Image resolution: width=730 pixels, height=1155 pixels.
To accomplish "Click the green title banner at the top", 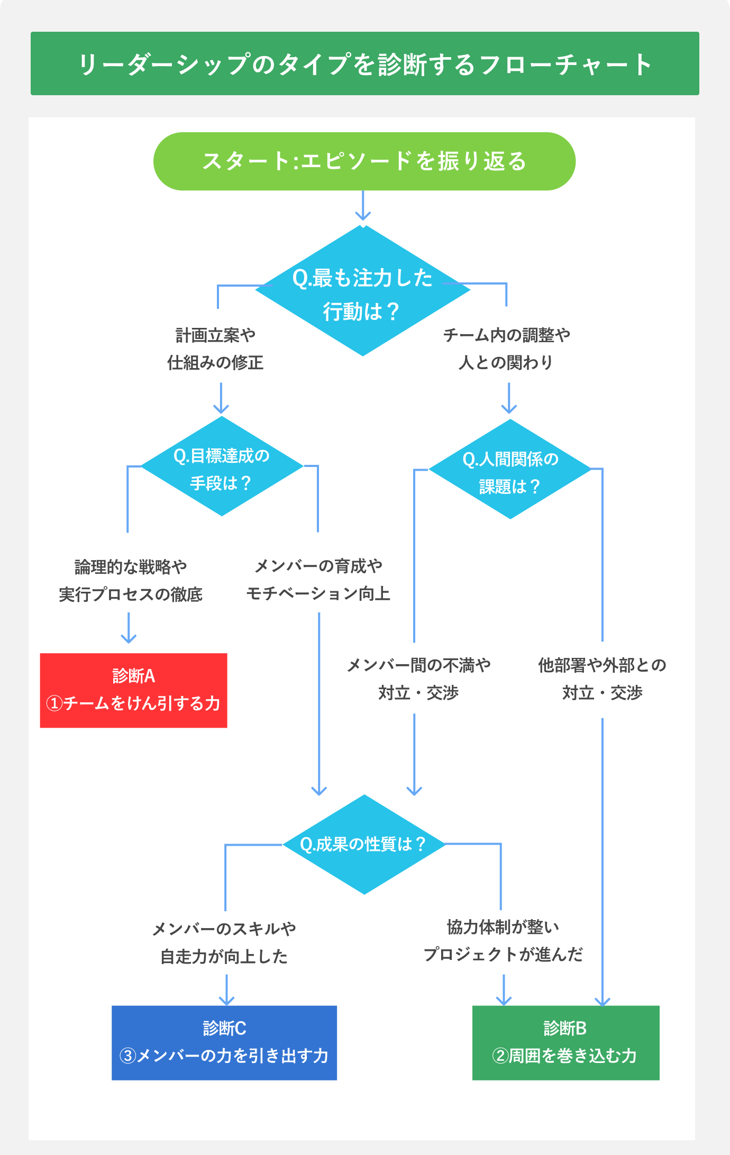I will point(364,63).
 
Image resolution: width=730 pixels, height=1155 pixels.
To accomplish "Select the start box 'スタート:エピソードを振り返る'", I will point(364,161).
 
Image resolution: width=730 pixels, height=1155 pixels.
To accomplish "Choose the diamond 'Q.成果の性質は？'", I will point(364,844).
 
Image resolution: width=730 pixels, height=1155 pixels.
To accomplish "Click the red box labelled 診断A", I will point(133,690).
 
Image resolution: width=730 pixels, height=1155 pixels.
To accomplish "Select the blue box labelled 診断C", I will point(224,1042).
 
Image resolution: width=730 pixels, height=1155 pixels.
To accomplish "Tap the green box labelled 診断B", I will point(565,1042).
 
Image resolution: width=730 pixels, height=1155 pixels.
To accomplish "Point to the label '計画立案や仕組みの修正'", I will point(215,349).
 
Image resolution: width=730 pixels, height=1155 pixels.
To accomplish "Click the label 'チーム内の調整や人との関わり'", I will point(506,349).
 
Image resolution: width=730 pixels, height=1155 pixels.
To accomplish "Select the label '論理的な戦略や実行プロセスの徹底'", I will point(131,581).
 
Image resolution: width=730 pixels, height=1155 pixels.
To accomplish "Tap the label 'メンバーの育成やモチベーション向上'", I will point(318,580).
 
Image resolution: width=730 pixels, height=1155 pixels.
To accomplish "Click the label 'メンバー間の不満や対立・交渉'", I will point(418,679).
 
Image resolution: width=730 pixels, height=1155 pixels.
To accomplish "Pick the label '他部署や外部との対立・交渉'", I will point(602,679).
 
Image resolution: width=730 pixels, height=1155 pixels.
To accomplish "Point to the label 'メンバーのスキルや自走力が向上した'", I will point(224,942).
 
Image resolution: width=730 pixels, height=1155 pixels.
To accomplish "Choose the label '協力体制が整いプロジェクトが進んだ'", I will point(503,941).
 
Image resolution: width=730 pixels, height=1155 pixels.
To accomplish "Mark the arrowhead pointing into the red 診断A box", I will point(129,638).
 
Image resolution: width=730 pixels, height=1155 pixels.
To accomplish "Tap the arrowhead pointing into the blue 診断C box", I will point(226,1000).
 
